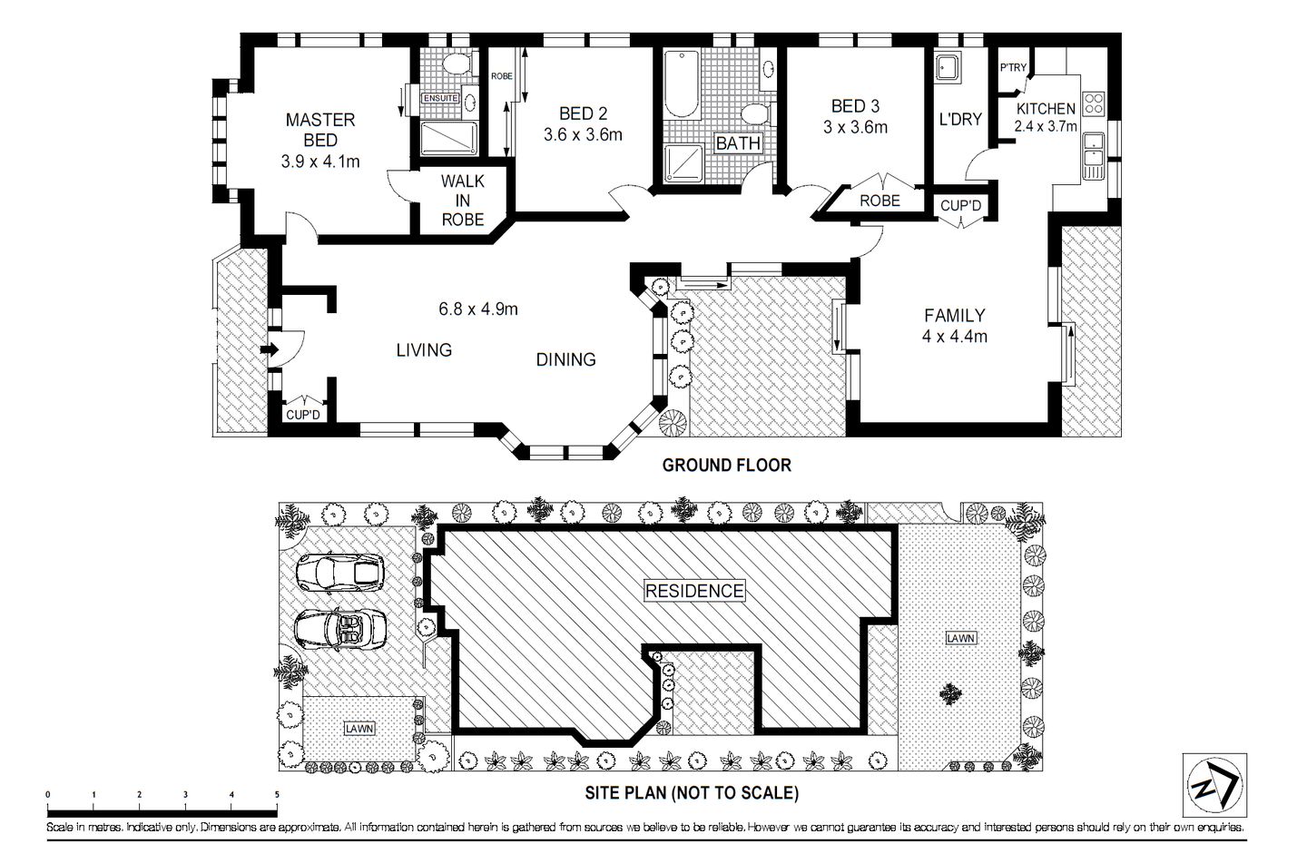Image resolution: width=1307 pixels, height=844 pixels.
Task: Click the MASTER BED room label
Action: coord(320,130)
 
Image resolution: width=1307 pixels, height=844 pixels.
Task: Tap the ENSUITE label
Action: coord(440,98)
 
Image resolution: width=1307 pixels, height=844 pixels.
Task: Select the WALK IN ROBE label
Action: coord(462,200)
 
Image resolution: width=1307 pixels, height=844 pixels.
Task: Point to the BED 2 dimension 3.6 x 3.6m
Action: coord(583,135)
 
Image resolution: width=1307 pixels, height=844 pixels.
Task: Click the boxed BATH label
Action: coord(738,143)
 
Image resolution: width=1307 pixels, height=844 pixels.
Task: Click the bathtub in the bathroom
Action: coord(682,85)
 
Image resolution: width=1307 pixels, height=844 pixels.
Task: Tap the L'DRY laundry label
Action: coord(960,119)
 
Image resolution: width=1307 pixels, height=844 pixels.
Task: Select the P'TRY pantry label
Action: coord(1013,68)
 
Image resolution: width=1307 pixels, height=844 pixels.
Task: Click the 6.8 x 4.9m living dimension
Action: coord(478,309)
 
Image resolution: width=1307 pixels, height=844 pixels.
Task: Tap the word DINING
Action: coord(565,359)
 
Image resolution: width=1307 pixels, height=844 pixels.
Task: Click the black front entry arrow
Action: coord(270,349)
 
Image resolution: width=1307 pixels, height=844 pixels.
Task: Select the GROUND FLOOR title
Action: coord(726,466)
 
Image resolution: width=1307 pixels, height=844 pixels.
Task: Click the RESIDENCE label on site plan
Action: coord(694,591)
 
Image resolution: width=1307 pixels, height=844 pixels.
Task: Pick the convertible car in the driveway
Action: coord(342,628)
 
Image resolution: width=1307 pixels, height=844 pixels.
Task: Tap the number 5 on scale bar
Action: coord(277,794)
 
